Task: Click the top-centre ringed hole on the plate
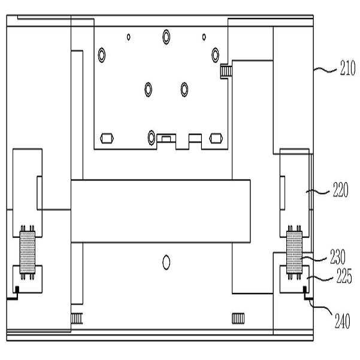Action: click(x=166, y=37)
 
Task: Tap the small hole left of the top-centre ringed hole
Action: click(x=129, y=37)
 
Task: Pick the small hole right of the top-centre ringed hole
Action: click(x=204, y=37)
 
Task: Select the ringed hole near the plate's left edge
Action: click(x=102, y=56)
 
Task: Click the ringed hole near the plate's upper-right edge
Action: click(x=213, y=55)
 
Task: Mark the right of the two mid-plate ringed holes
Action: click(x=184, y=90)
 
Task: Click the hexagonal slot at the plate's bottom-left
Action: click(x=107, y=138)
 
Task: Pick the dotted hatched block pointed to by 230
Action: click(x=295, y=252)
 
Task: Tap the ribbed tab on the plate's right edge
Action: click(x=225, y=72)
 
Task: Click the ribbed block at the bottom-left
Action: click(x=76, y=317)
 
